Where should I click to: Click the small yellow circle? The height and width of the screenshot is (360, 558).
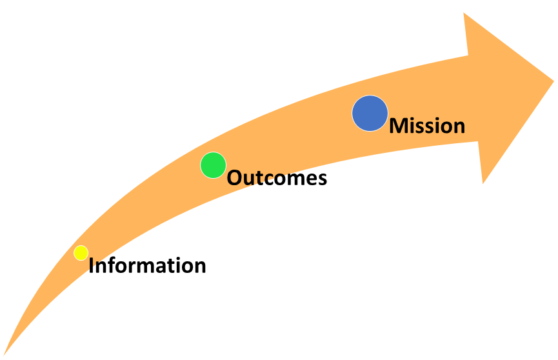tap(81, 253)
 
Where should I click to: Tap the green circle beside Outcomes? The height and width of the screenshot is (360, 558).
tap(213, 165)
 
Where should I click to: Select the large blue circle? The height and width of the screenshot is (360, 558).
tap(370, 114)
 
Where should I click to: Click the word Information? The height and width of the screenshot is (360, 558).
tap(147, 265)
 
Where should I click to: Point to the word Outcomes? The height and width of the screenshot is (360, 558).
tap(277, 177)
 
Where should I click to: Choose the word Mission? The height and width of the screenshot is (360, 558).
tap(427, 125)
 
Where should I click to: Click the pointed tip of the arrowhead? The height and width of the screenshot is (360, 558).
tap(553, 81)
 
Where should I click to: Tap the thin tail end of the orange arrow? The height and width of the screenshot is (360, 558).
tap(4, 355)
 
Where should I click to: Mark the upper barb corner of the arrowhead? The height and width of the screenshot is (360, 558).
tap(464, 13)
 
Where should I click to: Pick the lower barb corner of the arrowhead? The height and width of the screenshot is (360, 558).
tap(483, 183)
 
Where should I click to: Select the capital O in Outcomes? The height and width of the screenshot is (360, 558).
tap(235, 177)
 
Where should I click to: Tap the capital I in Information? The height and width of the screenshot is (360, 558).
tap(91, 266)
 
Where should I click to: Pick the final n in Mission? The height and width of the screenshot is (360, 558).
tap(459, 128)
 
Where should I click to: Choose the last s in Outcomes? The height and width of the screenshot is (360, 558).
tap(322, 179)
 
